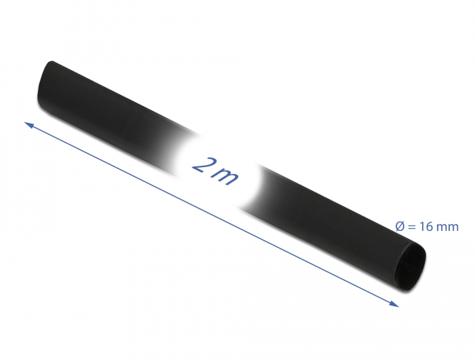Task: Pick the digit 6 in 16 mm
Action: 430,227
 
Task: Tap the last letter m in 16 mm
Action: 452,228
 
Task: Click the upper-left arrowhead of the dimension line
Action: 28,124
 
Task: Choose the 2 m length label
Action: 215,169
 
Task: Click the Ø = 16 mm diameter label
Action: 426,227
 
